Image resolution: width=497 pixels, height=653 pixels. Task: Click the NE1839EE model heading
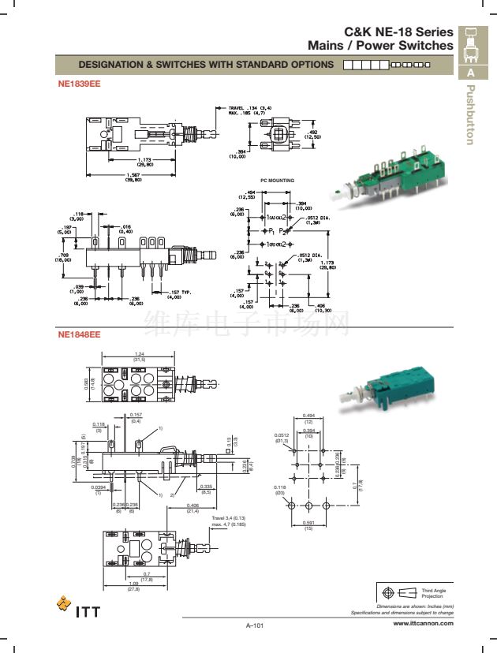(78, 83)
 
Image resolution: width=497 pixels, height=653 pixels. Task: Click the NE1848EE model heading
(78, 334)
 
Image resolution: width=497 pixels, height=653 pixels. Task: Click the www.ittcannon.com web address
(423, 622)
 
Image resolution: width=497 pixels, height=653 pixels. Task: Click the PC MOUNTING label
(277, 181)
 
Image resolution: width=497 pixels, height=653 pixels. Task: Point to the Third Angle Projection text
(434, 592)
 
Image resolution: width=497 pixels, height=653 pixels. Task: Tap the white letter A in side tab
(470, 73)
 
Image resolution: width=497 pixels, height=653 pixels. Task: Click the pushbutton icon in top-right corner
(470, 44)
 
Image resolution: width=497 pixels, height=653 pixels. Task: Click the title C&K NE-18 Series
(399, 32)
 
